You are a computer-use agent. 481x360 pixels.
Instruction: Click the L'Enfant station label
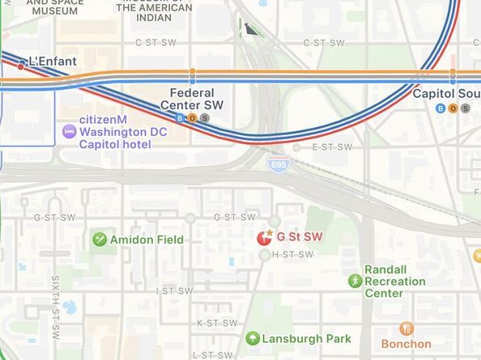[x=53, y=61]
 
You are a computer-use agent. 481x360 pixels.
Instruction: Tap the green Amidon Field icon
[x=100, y=239]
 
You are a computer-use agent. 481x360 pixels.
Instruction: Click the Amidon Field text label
[x=147, y=239]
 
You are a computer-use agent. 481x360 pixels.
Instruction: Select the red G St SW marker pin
[x=264, y=238]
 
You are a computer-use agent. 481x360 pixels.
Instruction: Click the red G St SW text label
[x=300, y=237]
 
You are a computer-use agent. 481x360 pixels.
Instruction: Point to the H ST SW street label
[x=292, y=255]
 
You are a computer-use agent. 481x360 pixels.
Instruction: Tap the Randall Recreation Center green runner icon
[x=355, y=282]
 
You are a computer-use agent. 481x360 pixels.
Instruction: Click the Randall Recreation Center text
[x=394, y=282]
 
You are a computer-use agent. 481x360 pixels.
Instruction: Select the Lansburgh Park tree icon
[x=253, y=338]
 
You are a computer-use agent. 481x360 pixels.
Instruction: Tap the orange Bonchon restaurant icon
[x=407, y=328]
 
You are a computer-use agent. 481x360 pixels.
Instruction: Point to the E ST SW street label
[x=332, y=147]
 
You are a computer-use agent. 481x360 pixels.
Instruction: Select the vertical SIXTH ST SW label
[x=56, y=307]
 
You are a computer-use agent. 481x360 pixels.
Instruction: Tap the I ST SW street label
[x=175, y=290]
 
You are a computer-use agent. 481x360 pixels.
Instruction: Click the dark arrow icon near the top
[x=251, y=30]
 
